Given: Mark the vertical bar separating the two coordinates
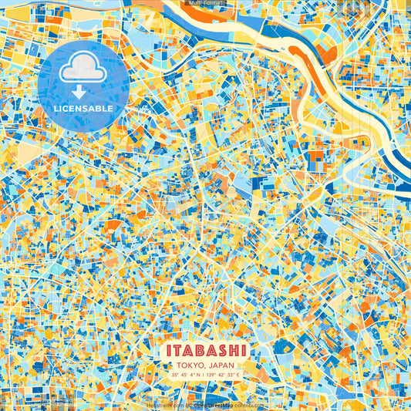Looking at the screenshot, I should (204, 376).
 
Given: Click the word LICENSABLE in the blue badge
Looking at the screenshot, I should (83, 109).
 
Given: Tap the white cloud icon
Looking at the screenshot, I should (83, 70).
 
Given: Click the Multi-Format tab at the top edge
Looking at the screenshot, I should (205, 3).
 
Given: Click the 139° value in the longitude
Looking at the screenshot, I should (213, 376).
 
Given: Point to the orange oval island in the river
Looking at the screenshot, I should (328, 56).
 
